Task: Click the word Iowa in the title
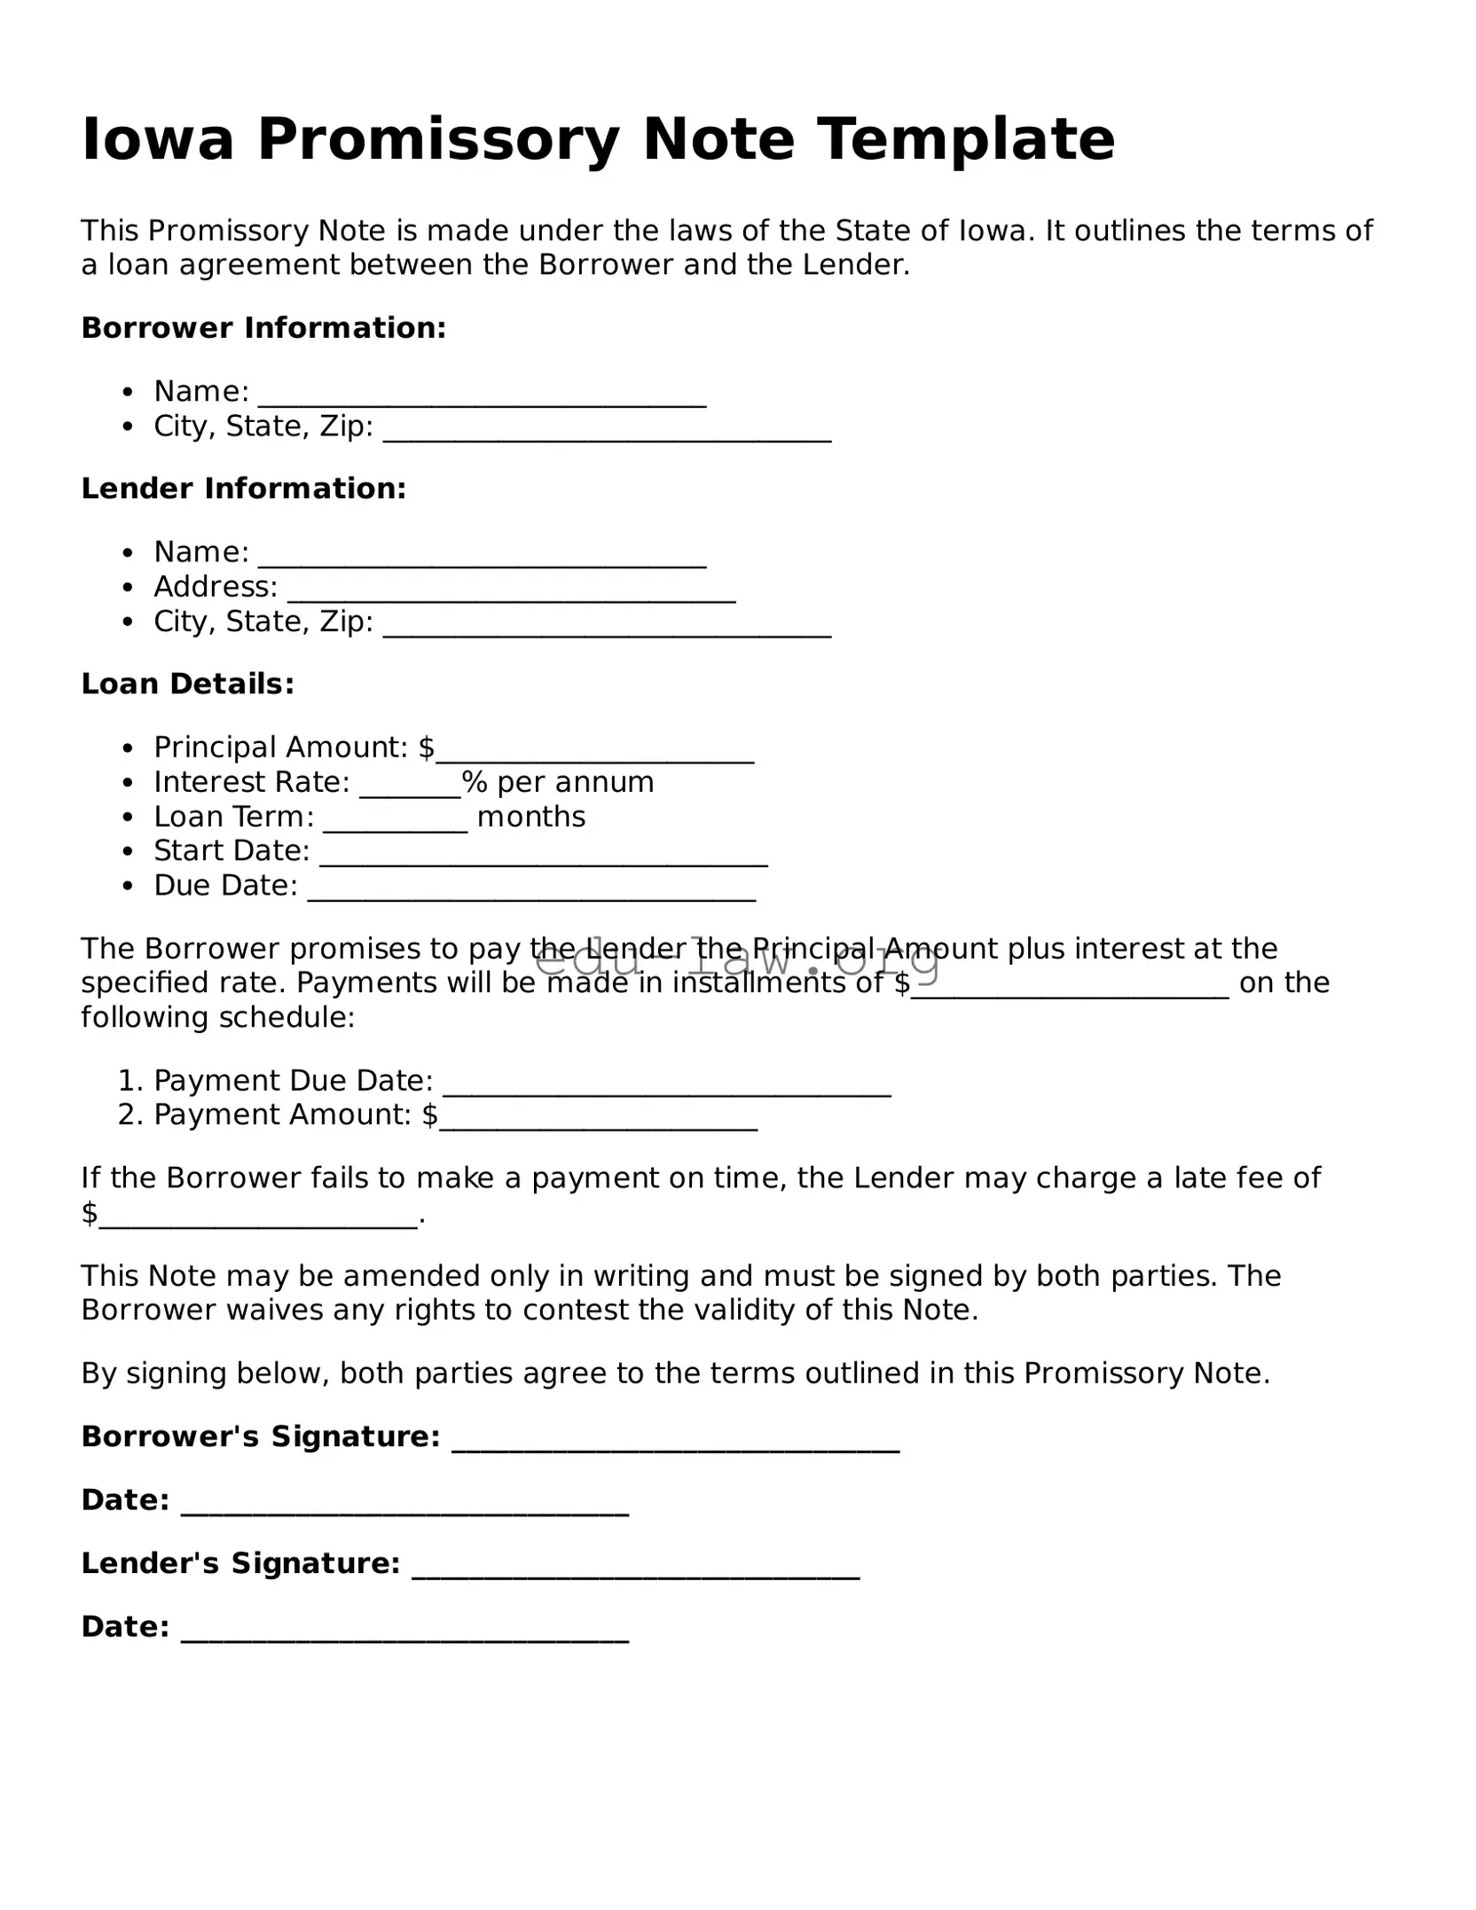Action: click(157, 139)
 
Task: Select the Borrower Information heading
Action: click(263, 328)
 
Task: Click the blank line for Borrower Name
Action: click(482, 396)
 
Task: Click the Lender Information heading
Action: click(244, 489)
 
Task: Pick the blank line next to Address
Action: click(511, 592)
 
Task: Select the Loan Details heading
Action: click(187, 684)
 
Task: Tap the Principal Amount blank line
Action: click(594, 752)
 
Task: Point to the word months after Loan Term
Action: click(531, 817)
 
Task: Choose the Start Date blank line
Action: click(543, 856)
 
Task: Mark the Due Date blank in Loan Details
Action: click(531, 890)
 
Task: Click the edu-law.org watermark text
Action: click(736, 959)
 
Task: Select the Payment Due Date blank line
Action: click(666, 1085)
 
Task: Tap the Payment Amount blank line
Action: click(599, 1119)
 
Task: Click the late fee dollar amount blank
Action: click(257, 1217)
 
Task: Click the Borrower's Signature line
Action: click(675, 1441)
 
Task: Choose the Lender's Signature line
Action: click(635, 1568)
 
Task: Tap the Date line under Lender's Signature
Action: click(404, 1631)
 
